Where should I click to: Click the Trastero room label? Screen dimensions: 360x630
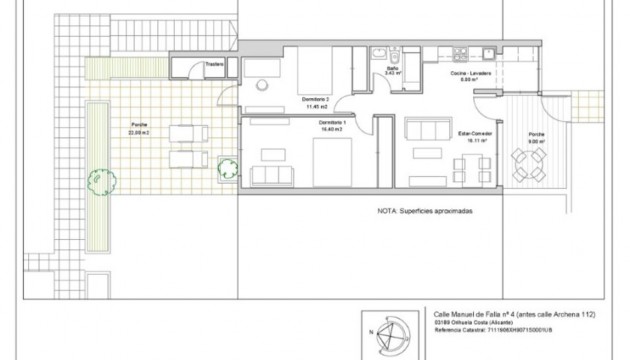coord(212,65)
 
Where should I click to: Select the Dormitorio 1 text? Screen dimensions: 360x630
coord(331,121)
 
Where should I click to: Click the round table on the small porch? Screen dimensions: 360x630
coord(526,165)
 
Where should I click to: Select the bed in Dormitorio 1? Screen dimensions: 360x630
coord(332,160)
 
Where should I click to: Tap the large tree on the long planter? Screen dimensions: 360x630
coord(98,180)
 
